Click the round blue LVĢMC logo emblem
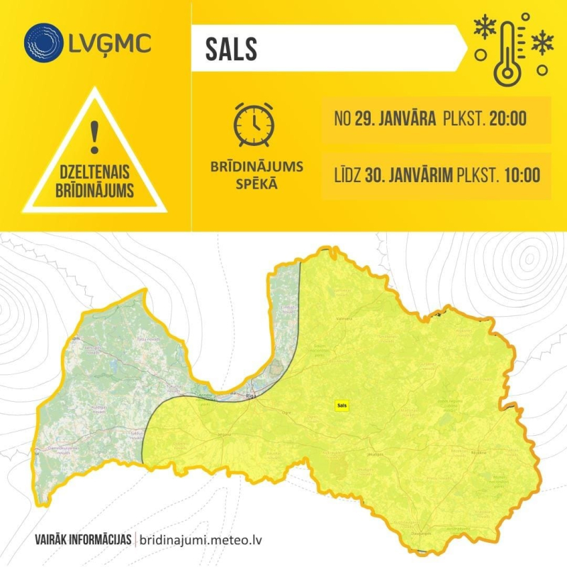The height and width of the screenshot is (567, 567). coord(44,43)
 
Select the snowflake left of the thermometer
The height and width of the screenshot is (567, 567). coord(485,29)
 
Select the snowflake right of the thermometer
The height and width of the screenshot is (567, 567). coord(542,43)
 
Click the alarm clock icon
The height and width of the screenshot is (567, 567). coord(254,125)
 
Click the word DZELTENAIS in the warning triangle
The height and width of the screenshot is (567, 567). coord(94,173)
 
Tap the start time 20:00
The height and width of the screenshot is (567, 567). coord(507,118)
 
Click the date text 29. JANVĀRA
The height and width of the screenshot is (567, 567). coord(395,118)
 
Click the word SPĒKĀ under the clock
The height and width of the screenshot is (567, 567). coord(257,184)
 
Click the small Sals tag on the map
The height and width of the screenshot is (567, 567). coord(342,405)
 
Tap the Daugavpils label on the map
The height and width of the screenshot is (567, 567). coord(421,532)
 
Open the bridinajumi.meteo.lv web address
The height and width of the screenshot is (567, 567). coord(203,539)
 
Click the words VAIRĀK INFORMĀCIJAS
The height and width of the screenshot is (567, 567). coord(82,539)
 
